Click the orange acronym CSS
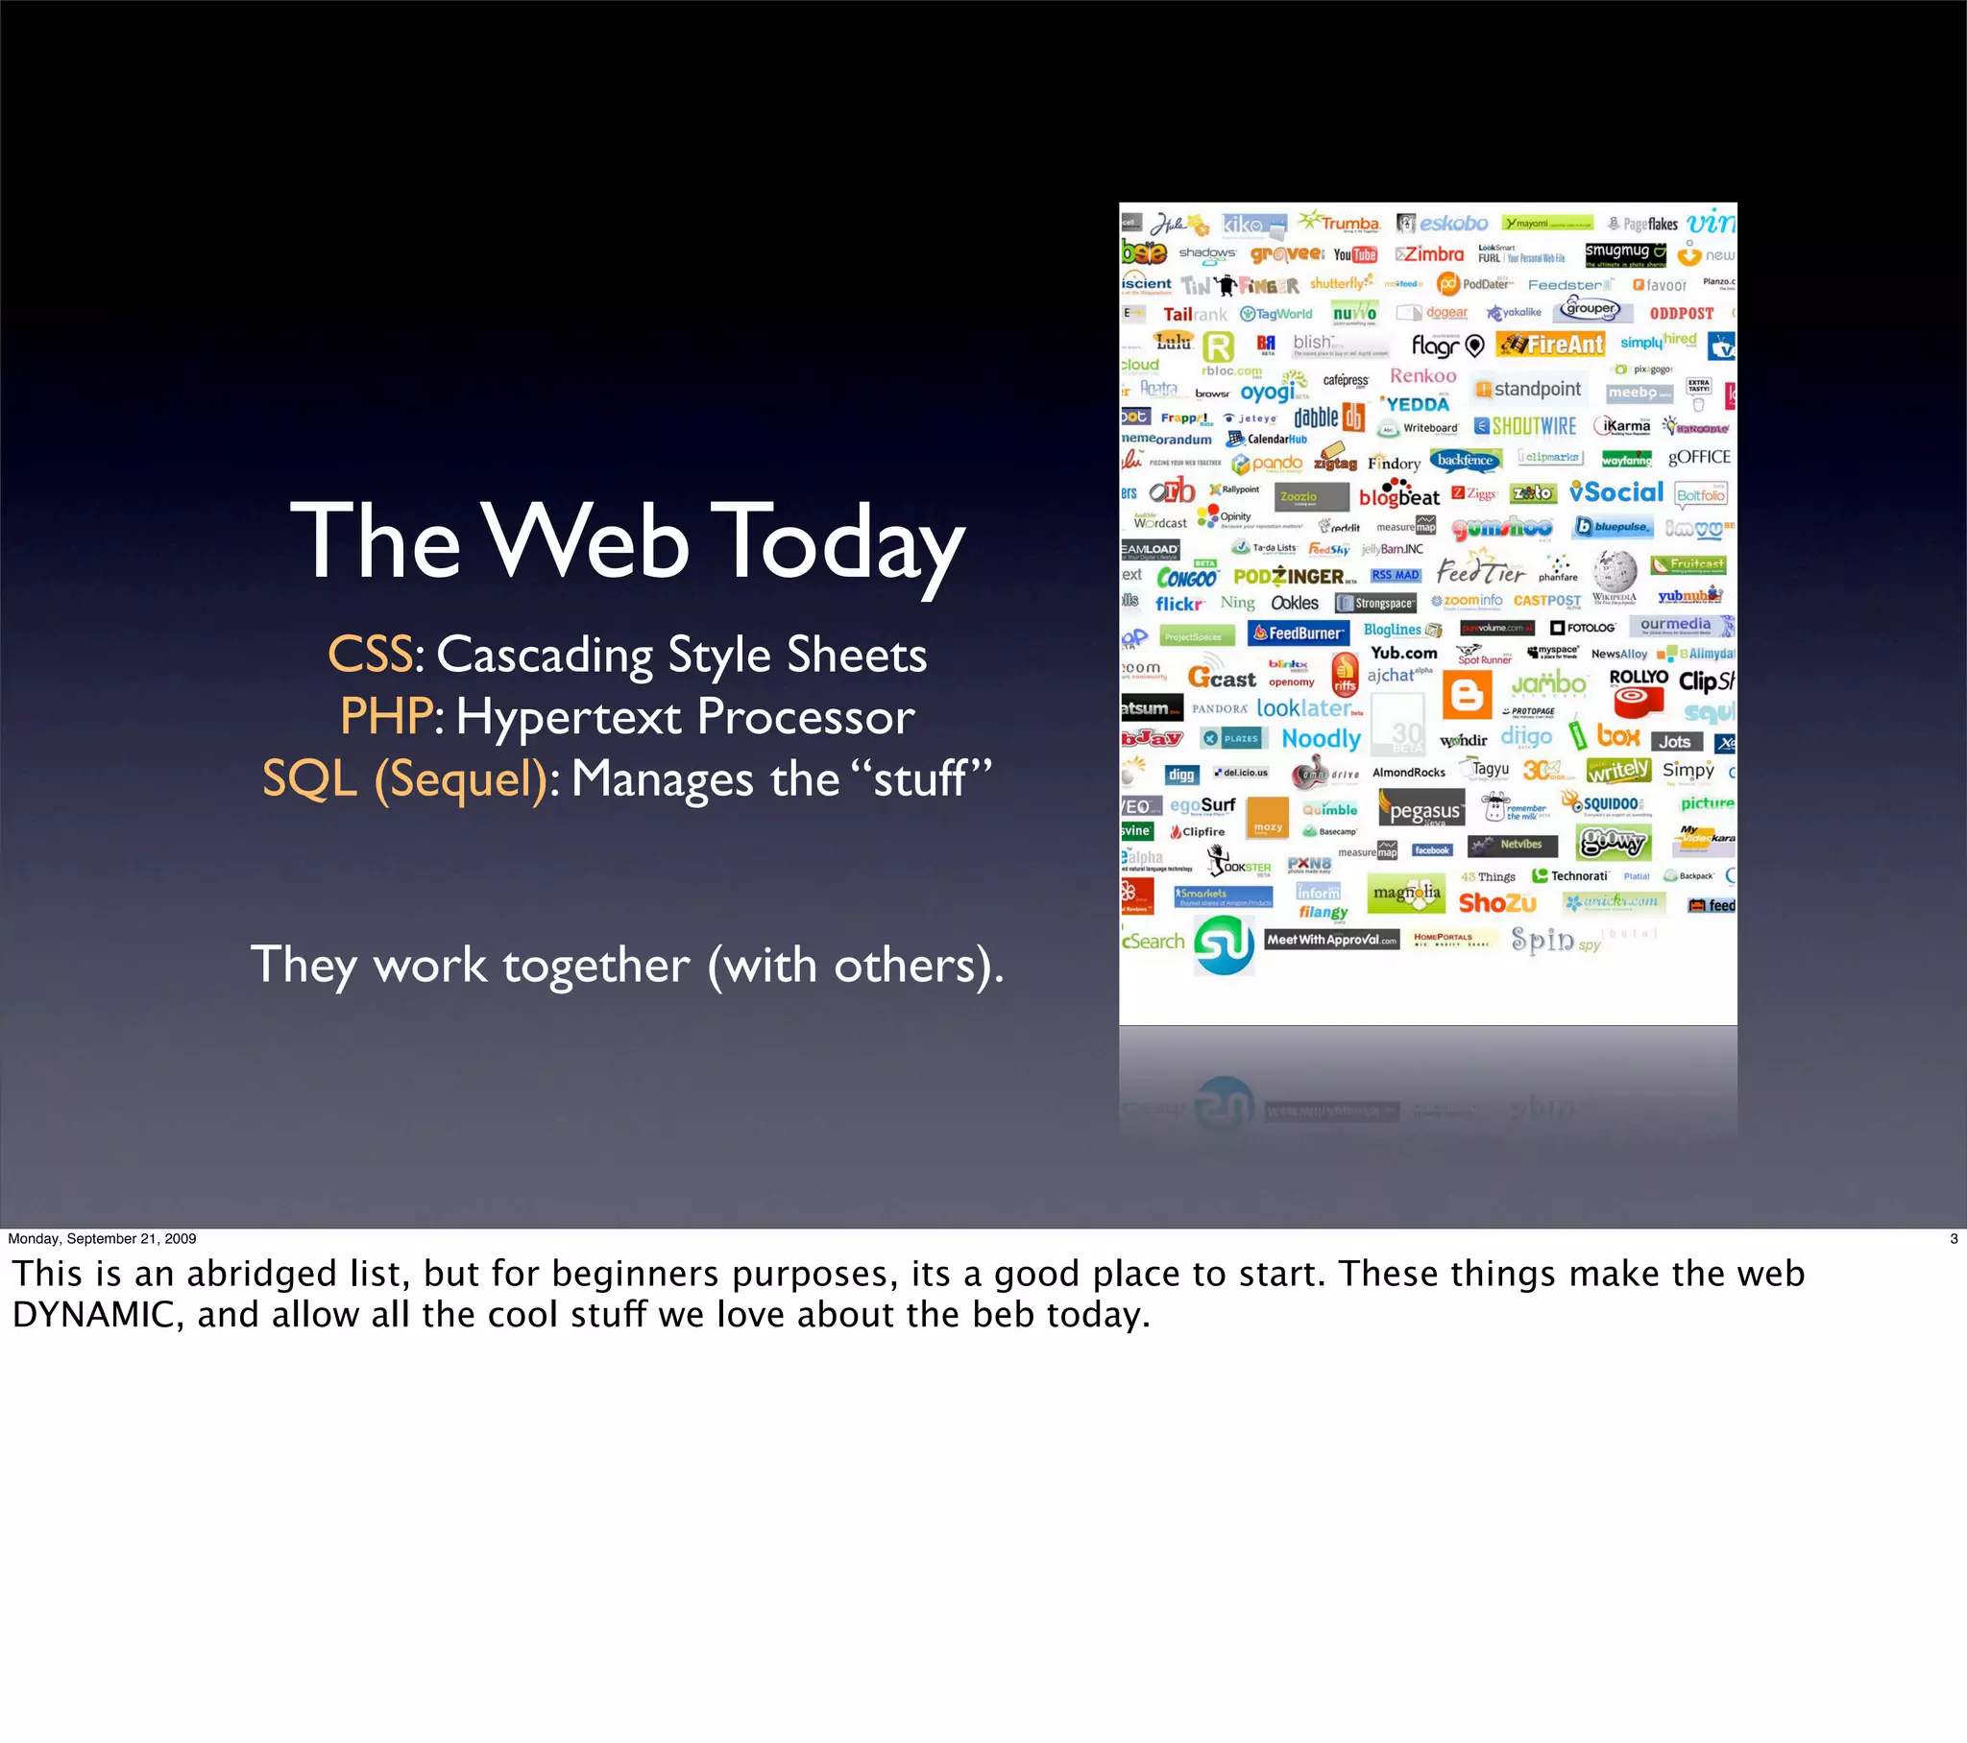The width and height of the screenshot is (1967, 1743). [x=370, y=656]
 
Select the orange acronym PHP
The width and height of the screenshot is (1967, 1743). [x=386, y=717]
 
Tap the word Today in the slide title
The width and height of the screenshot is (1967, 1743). [x=838, y=542]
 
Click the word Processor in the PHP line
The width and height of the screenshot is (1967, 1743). [x=806, y=717]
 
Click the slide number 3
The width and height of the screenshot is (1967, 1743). [x=1953, y=1239]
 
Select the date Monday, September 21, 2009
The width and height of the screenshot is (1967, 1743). [x=102, y=1239]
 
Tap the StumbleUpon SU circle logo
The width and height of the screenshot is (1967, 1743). [x=1223, y=943]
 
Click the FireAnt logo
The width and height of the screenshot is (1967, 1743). [x=1551, y=345]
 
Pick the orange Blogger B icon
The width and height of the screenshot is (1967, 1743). [x=1467, y=695]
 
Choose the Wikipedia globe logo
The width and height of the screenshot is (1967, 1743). [x=1614, y=573]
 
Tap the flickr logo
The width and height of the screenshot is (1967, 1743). [x=1178, y=604]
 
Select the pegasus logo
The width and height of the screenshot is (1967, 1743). [x=1421, y=810]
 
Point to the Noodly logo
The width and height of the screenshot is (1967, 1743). [x=1321, y=739]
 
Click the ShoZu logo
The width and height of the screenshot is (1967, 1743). [x=1496, y=903]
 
